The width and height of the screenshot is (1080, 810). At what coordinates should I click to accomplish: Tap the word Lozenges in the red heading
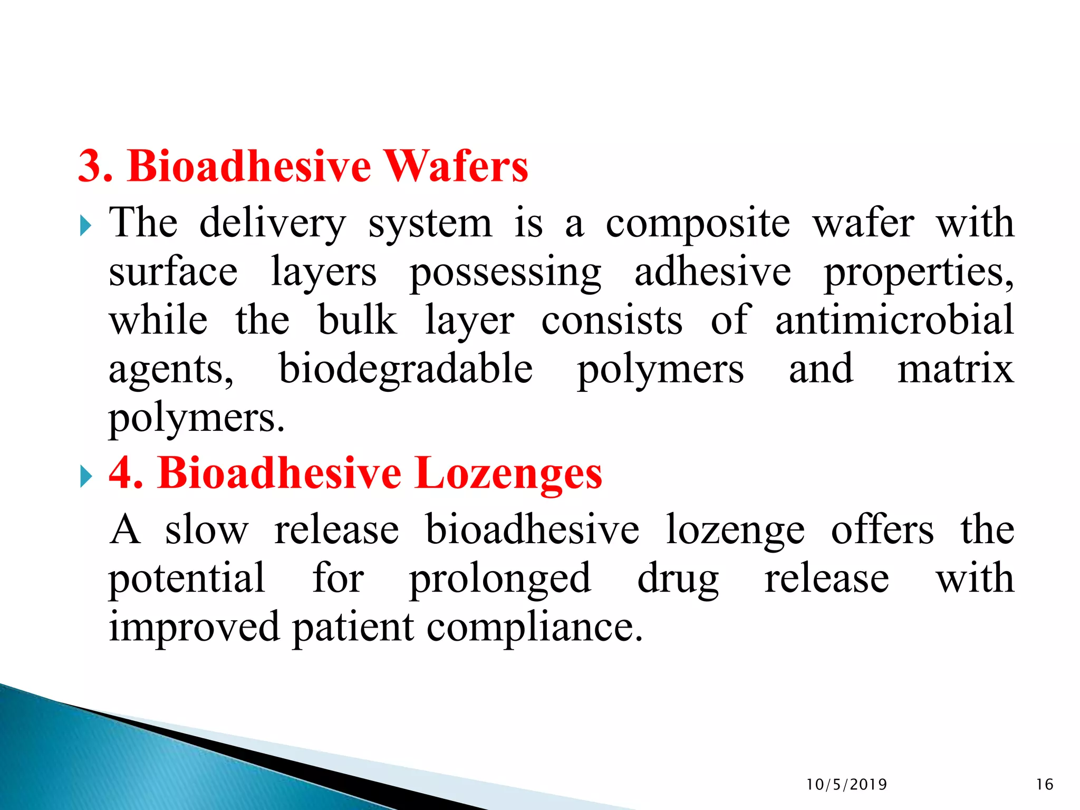tap(508, 473)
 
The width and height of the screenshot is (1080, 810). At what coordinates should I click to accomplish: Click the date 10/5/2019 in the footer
tap(846, 785)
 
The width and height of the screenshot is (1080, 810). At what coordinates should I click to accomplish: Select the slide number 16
tap(1045, 785)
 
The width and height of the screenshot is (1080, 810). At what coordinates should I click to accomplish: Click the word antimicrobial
tap(894, 320)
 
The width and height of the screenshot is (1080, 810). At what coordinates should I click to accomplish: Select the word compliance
tap(535, 628)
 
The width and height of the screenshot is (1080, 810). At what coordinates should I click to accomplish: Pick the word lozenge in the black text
tap(735, 530)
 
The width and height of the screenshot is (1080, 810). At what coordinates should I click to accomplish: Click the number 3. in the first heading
tap(95, 166)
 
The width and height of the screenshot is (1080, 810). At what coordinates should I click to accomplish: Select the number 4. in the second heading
tap(126, 473)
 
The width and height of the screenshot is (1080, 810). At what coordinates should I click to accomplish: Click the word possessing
tap(505, 273)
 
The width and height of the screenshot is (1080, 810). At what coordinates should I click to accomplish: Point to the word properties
tap(918, 273)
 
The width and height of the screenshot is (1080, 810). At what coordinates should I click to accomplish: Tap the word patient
tap(353, 628)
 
